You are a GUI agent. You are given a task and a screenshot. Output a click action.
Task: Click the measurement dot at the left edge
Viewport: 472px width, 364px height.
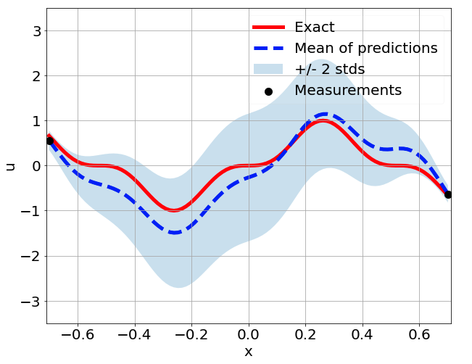(x=50, y=141)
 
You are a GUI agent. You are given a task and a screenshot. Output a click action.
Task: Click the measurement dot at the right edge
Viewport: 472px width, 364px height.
(x=448, y=194)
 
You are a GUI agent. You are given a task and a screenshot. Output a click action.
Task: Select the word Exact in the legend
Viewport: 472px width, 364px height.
(x=314, y=28)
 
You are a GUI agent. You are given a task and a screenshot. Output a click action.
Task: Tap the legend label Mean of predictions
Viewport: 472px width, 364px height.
(x=365, y=49)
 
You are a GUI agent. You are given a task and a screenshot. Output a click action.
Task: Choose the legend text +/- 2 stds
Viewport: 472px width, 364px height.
(x=329, y=70)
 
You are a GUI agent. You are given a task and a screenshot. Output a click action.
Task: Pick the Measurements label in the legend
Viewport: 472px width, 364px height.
(x=347, y=91)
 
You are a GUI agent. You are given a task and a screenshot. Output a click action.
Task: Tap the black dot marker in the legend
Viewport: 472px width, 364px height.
(x=268, y=91)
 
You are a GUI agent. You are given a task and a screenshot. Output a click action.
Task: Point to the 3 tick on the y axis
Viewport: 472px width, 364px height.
(x=35, y=30)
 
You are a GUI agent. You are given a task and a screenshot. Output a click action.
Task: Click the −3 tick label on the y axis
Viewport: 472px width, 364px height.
(x=30, y=301)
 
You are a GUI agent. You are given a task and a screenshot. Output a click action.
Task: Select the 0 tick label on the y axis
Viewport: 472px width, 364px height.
(x=35, y=166)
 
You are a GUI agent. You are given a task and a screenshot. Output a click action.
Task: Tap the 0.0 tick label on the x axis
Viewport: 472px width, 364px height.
(x=249, y=336)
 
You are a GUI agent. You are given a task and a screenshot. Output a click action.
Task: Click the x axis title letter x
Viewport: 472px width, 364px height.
(x=249, y=352)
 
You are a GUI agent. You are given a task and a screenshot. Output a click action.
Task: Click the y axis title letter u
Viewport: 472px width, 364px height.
(x=10, y=166)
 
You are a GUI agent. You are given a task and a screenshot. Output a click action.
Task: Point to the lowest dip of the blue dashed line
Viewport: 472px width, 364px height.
(x=175, y=233)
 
